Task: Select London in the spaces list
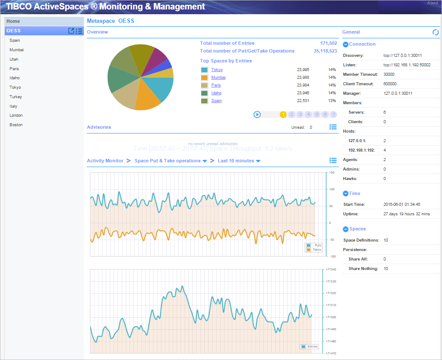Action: (x=16, y=115)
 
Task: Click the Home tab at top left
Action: (x=13, y=21)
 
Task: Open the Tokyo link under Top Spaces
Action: (x=217, y=70)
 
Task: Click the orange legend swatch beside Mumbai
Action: (x=204, y=78)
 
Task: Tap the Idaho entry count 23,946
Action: (x=303, y=93)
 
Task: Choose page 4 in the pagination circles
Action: (x=308, y=115)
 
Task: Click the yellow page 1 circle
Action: (x=283, y=115)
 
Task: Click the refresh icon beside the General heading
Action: (x=436, y=32)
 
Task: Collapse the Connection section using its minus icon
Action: (x=346, y=44)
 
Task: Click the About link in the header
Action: (x=433, y=3)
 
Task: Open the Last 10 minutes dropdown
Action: (x=239, y=161)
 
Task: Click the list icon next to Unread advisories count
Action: (x=333, y=127)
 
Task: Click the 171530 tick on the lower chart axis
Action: (x=331, y=282)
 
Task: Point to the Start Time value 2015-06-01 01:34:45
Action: (x=402, y=205)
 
